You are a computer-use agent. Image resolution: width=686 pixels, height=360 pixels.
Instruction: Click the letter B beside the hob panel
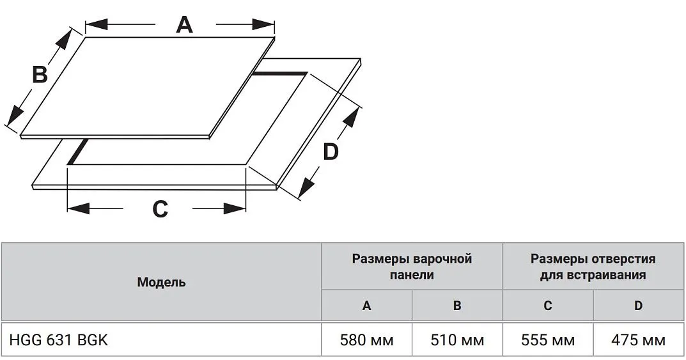(x=40, y=74)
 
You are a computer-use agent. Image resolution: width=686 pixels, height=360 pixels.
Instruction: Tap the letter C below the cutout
(x=160, y=208)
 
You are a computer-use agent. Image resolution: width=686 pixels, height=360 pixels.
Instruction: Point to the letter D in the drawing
(x=331, y=152)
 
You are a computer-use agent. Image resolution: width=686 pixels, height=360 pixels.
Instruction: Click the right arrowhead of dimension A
(x=263, y=24)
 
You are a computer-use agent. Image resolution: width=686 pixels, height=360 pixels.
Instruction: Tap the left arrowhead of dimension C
(x=78, y=208)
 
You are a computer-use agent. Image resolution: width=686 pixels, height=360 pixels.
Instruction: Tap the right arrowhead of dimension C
(x=235, y=208)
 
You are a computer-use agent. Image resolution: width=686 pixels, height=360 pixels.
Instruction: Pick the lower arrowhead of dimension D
(x=306, y=185)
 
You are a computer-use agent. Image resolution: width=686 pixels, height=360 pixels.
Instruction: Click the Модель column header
(x=162, y=282)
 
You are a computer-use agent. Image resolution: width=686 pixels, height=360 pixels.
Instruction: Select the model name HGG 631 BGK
(x=58, y=340)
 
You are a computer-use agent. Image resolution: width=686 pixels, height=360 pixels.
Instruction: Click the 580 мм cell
(x=366, y=340)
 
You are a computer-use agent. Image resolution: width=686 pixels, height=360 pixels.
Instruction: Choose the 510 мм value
(x=457, y=340)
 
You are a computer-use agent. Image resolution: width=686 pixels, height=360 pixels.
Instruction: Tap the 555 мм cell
(x=548, y=340)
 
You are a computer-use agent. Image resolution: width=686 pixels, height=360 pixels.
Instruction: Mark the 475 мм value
(x=638, y=340)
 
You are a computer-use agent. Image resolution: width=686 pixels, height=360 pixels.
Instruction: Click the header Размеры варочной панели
(x=412, y=267)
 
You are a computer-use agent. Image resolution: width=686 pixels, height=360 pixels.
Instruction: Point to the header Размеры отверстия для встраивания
(x=593, y=267)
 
